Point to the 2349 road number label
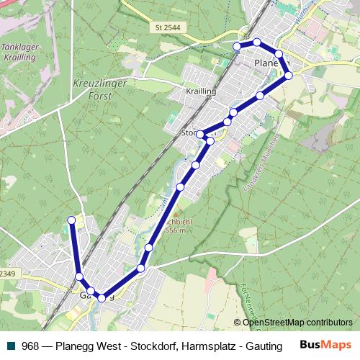click(7, 273)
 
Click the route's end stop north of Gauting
click(71, 220)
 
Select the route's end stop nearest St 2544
click(237, 46)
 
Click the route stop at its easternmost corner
click(289, 75)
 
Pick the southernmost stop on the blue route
click(102, 298)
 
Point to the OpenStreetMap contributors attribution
click(297, 323)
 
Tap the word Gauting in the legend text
click(264, 345)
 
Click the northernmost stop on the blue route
click(257, 42)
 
